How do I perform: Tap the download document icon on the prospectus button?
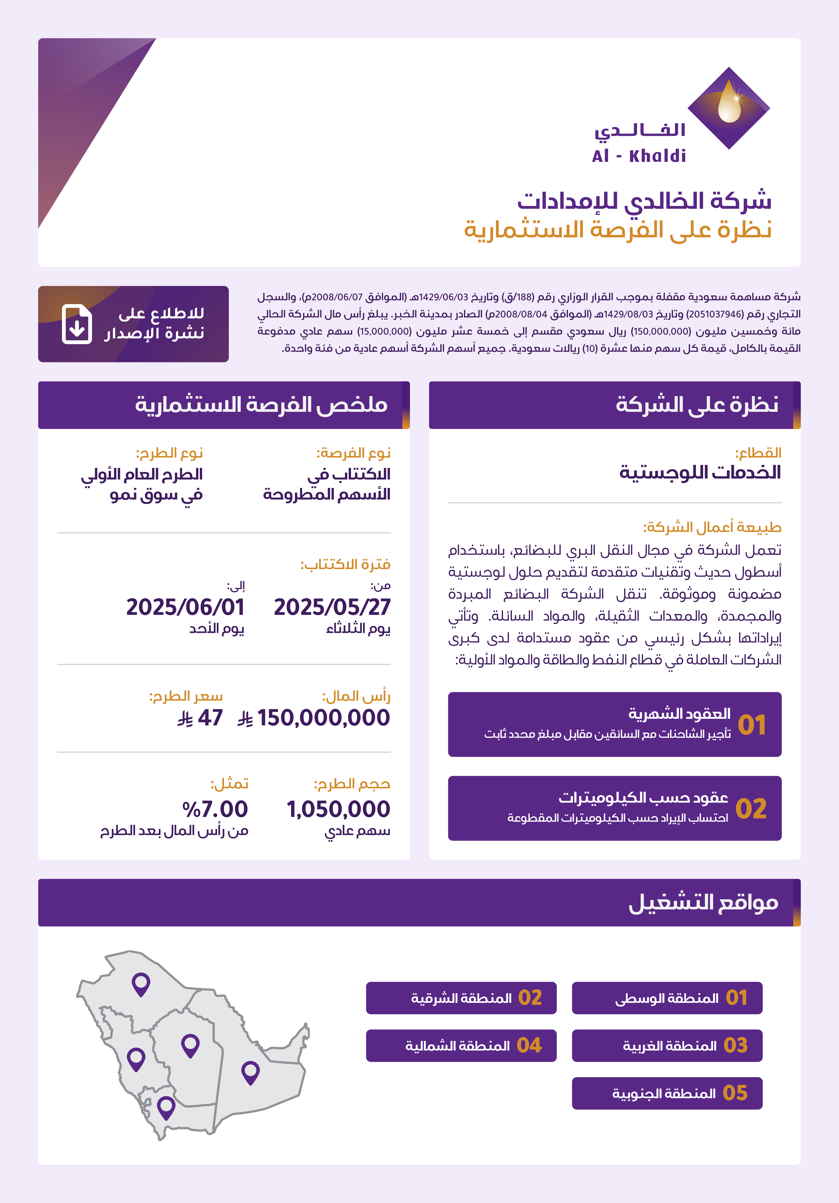click(x=76, y=324)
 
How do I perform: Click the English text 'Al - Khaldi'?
click(x=639, y=156)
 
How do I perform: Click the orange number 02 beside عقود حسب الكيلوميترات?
click(x=751, y=809)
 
